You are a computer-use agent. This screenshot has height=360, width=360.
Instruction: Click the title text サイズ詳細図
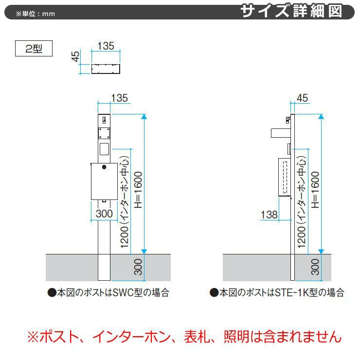(298, 11)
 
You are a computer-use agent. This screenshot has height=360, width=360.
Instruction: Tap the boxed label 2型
(34, 49)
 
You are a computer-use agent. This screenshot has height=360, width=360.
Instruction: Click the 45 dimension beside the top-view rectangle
(75, 56)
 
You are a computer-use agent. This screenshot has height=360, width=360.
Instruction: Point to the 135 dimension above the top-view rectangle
(106, 46)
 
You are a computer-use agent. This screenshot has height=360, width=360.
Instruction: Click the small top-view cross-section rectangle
(106, 68)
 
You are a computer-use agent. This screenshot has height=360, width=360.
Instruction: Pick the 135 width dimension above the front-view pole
(120, 98)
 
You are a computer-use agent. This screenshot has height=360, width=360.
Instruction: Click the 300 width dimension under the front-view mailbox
(104, 213)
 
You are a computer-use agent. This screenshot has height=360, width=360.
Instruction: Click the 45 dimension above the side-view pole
(302, 98)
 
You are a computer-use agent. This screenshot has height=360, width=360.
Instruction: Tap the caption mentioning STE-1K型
(277, 292)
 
